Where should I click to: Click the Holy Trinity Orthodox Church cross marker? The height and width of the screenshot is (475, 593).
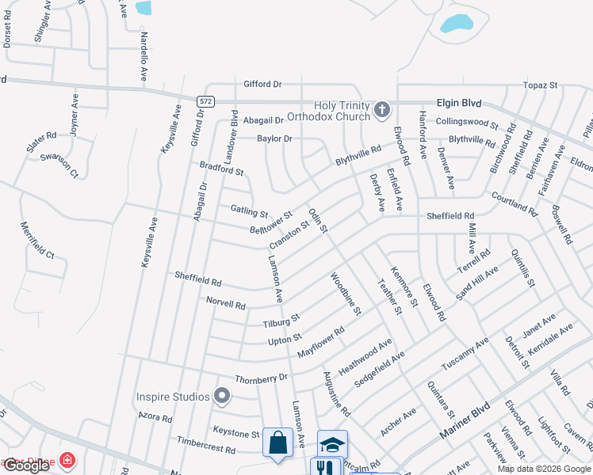tap(382, 110)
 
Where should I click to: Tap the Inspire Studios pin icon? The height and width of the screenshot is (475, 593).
tap(222, 396)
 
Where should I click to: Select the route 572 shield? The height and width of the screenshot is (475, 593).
tap(205, 101)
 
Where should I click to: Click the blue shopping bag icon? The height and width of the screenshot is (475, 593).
tap(278, 444)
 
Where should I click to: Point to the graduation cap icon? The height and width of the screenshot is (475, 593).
tap(333, 444)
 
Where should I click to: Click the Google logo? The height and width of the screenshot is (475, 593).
tap(26, 465)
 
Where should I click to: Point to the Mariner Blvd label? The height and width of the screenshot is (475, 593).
tap(463, 424)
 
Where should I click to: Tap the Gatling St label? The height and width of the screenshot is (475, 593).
tap(249, 211)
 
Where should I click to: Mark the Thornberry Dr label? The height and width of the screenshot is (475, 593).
tap(261, 378)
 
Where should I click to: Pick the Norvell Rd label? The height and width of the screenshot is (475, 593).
tap(226, 303)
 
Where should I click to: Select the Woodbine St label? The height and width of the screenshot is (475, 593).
tap(346, 293)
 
